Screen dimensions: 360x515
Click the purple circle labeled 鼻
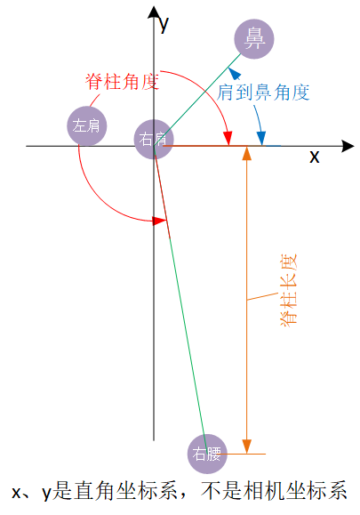[253, 39]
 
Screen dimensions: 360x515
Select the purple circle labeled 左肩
[86, 125]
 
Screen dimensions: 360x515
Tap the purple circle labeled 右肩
[154, 140]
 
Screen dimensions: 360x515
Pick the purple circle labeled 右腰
[207, 454]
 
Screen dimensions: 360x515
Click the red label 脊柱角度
[122, 82]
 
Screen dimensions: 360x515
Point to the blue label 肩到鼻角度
[263, 92]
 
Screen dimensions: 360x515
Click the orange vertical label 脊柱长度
[288, 290]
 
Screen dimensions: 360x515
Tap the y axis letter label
[164, 24]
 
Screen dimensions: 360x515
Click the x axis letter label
[314, 157]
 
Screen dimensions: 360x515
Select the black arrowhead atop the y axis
[154, 12]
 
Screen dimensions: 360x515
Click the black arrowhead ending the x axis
[348, 146]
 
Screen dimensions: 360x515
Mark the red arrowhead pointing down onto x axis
[228, 138]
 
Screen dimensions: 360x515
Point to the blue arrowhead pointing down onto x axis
[261, 138]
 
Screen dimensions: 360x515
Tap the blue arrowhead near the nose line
[235, 74]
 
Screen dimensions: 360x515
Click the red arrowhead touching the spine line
[160, 221]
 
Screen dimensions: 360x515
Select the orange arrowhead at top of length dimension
[247, 154]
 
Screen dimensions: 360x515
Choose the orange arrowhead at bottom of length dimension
[247, 447]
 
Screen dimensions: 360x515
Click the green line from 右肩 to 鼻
[197, 100]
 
